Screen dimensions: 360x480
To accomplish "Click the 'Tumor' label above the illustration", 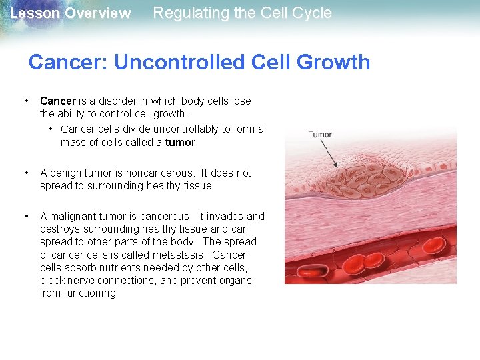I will pyautogui.click(x=320, y=134).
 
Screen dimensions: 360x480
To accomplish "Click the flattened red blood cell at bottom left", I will pyautogui.click(x=310, y=271).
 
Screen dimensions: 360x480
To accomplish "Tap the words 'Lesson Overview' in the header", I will pyautogui.click(x=70, y=13).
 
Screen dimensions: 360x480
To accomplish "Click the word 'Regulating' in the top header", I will pyautogui.click(x=186, y=13).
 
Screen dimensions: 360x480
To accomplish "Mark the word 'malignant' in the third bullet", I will pyautogui.click(x=73, y=216).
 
